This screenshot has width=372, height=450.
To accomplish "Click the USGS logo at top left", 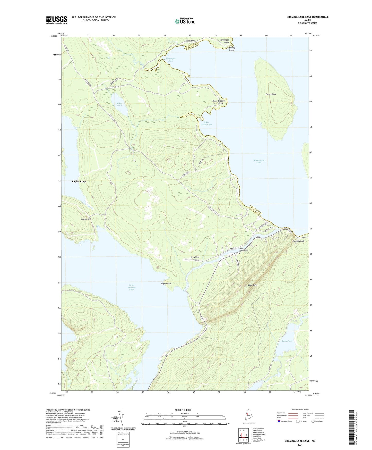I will (x=57, y=20).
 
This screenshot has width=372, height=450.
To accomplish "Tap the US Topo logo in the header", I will (x=185, y=21).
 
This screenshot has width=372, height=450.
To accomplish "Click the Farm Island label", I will (x=271, y=94).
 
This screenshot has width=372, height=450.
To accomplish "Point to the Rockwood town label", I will (x=298, y=241).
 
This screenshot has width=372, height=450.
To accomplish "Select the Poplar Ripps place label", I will (x=79, y=181).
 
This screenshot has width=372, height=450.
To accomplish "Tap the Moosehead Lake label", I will (x=259, y=161).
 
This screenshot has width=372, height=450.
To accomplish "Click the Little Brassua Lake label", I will (x=132, y=287).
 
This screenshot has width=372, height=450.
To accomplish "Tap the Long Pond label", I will (x=287, y=341).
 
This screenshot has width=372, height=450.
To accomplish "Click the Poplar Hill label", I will (x=86, y=219).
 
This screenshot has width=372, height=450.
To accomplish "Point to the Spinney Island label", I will (x=232, y=49).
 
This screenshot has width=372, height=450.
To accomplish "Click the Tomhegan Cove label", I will (x=171, y=60).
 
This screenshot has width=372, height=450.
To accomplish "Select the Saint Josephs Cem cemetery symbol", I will (x=239, y=253).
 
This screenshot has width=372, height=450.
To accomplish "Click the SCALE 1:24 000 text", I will (x=185, y=410).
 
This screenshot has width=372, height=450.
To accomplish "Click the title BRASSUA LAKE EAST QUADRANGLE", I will (x=307, y=17).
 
